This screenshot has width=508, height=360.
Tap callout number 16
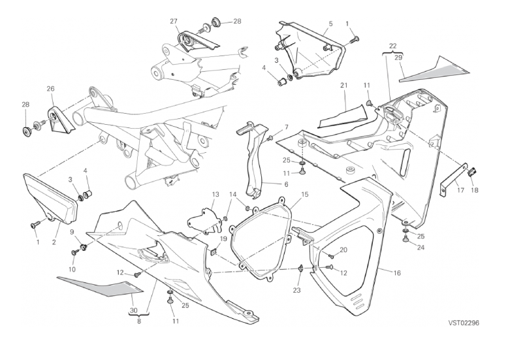coord(396,272)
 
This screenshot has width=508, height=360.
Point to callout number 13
coord(214,195)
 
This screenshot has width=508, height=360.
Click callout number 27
coord(174,21)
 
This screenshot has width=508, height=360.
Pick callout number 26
coord(50,88)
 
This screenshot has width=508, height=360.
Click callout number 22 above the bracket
coord(392,45)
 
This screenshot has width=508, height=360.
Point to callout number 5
coord(330,24)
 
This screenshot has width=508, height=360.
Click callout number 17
coord(461,191)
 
